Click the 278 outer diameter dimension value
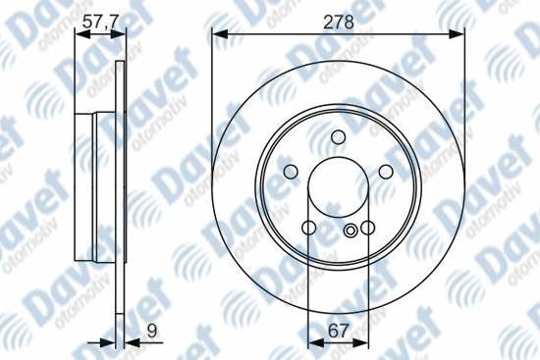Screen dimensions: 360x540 337,18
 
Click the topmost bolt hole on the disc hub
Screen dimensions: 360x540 338,136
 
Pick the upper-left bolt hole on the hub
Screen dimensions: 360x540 291,173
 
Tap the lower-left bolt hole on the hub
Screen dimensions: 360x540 308,228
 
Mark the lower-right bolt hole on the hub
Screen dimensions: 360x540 366,228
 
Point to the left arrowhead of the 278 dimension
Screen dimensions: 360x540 217,34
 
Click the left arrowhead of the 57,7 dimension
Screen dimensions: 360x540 81,34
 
